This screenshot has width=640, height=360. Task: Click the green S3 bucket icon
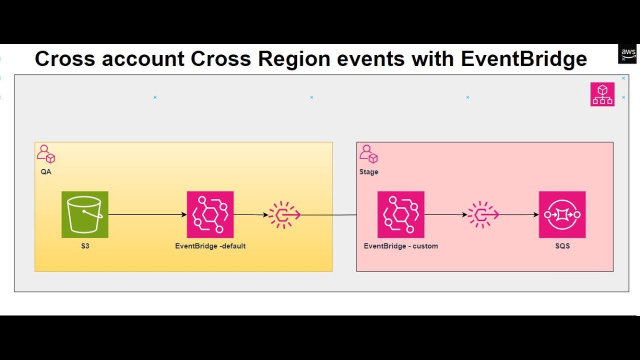[x=85, y=214]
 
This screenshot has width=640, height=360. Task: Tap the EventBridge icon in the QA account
[x=210, y=214]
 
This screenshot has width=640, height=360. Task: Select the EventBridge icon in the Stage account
[x=401, y=214]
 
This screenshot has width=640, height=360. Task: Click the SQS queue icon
[x=562, y=214]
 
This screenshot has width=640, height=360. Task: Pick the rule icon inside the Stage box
[x=483, y=215]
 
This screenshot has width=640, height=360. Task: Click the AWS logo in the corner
[x=627, y=53]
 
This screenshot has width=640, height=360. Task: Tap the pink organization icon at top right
[x=602, y=94]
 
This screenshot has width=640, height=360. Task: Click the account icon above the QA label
[x=46, y=154]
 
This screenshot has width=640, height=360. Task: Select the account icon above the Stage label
[x=368, y=154]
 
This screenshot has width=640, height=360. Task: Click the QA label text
[x=46, y=172]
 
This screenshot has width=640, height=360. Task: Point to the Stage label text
[x=369, y=172]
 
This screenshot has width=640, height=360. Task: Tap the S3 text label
[x=85, y=246]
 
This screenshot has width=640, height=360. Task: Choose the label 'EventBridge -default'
[x=210, y=246]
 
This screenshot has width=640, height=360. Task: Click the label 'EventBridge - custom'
[x=401, y=246]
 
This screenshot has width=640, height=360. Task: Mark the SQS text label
[x=562, y=246]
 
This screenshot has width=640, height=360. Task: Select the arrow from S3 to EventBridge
[x=147, y=215]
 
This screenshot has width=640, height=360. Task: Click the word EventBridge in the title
[x=524, y=59]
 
